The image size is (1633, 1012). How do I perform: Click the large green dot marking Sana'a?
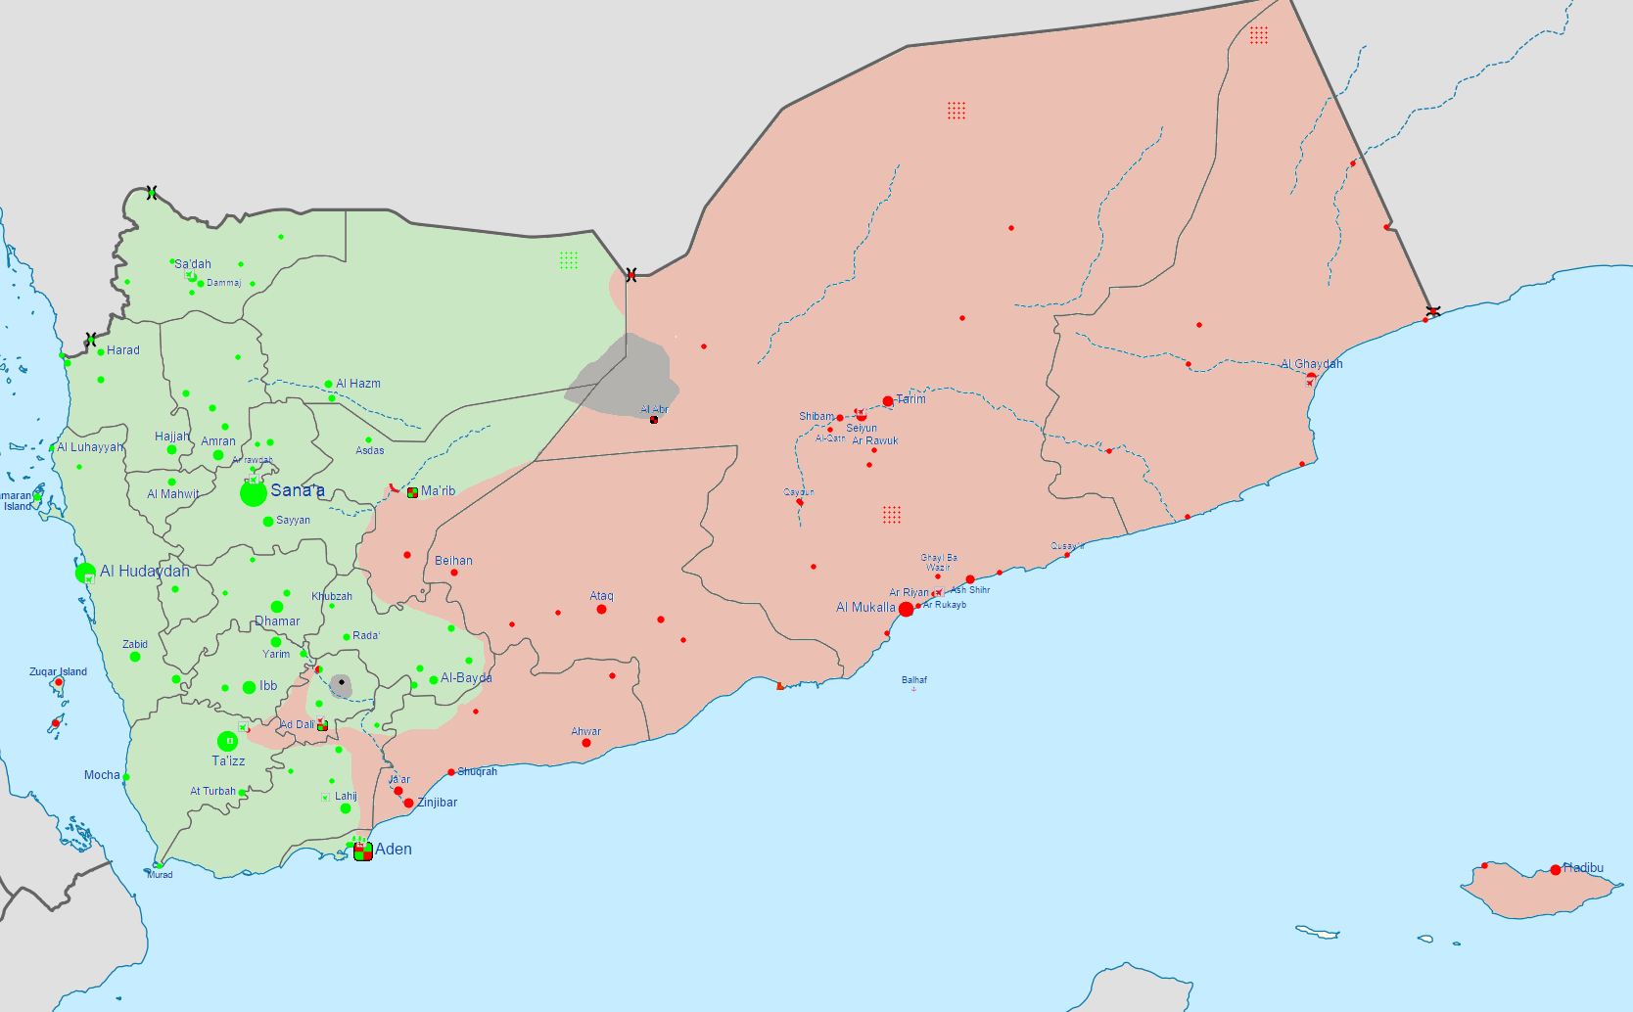coord(254,493)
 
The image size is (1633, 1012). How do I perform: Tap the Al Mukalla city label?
coord(865,608)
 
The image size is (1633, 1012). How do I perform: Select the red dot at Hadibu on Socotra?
coord(1556,870)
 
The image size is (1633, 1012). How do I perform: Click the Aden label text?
coord(394,850)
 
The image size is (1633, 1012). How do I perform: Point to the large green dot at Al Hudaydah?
coord(85,573)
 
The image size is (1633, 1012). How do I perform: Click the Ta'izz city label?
coord(228,761)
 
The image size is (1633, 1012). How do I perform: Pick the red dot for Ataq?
coord(601,610)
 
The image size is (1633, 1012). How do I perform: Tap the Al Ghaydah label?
coord(1312,364)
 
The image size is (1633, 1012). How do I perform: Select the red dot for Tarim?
coord(888,401)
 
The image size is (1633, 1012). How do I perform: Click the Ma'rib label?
coord(438,491)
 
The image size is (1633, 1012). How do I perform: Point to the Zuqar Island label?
coord(58,671)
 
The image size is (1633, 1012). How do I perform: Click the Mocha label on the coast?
coord(102,775)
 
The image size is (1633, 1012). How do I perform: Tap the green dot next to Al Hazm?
coord(328,385)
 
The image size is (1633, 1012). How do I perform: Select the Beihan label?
coord(453,561)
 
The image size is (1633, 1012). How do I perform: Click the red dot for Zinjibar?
coord(408,803)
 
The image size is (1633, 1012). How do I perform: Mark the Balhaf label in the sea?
coord(914,679)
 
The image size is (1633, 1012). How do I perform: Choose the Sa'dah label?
coord(193,264)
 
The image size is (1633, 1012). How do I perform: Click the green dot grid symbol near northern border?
coord(569,260)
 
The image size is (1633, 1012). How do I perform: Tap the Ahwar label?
coord(586,731)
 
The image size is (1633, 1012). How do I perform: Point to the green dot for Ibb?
coord(250,687)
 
